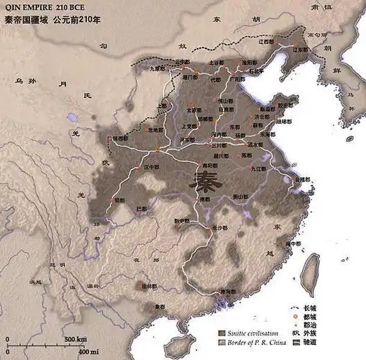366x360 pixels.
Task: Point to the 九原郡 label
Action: [157, 70]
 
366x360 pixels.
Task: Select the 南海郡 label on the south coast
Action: [227, 292]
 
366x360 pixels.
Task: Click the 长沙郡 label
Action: [220, 228]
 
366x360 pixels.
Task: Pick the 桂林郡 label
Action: [148, 286]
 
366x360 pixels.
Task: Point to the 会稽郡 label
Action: [305, 178]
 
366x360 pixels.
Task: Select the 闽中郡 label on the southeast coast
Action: [292, 243]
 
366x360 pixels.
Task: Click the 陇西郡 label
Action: [121, 138]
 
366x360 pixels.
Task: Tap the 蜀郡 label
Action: [119, 199]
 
